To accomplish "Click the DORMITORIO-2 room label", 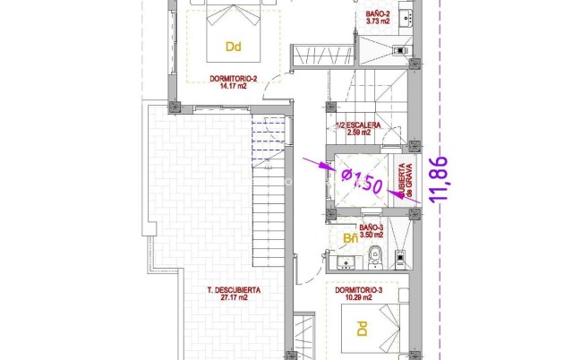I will [x=232, y=79].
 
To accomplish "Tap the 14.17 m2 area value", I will [x=232, y=87].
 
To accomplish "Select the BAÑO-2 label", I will [x=378, y=15].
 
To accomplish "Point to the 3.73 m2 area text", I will [x=378, y=23].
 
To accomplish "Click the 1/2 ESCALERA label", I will [x=359, y=125].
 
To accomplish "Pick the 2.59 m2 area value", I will [x=359, y=133].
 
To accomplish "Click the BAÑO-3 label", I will [x=372, y=227].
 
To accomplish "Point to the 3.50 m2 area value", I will [x=372, y=236].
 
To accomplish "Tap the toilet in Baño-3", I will [x=376, y=258].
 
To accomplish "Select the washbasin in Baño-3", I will [x=345, y=261].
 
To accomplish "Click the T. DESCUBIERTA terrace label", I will [x=233, y=290].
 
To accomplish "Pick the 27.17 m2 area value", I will [x=233, y=298].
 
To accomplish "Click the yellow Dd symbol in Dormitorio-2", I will [x=234, y=47].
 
